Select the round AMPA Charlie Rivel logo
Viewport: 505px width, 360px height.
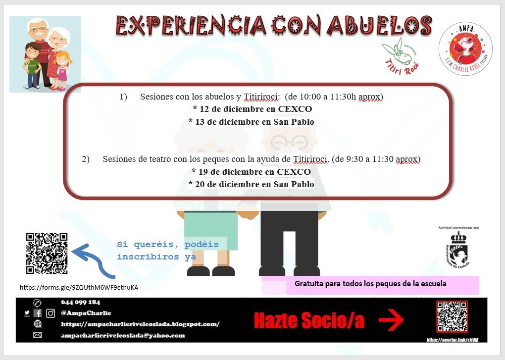click(465, 49)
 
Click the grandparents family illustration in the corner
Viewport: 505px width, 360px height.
click(45, 54)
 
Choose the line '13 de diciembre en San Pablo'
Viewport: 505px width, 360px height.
click(252, 122)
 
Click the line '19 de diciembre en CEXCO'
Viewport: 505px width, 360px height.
click(252, 172)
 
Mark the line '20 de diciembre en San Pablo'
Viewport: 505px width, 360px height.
click(252, 184)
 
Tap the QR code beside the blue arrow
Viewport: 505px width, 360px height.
click(47, 254)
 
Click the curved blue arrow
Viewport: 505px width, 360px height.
click(94, 260)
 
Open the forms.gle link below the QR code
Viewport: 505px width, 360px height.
click(79, 287)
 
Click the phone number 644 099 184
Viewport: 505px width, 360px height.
click(81, 302)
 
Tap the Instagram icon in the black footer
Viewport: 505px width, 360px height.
click(50, 313)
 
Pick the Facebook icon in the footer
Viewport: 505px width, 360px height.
click(38, 313)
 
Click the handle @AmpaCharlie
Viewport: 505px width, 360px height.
click(86, 313)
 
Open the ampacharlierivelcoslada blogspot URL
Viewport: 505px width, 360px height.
click(140, 324)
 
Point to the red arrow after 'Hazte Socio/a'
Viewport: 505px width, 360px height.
click(391, 321)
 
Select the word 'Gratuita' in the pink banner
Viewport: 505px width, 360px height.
click(308, 284)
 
